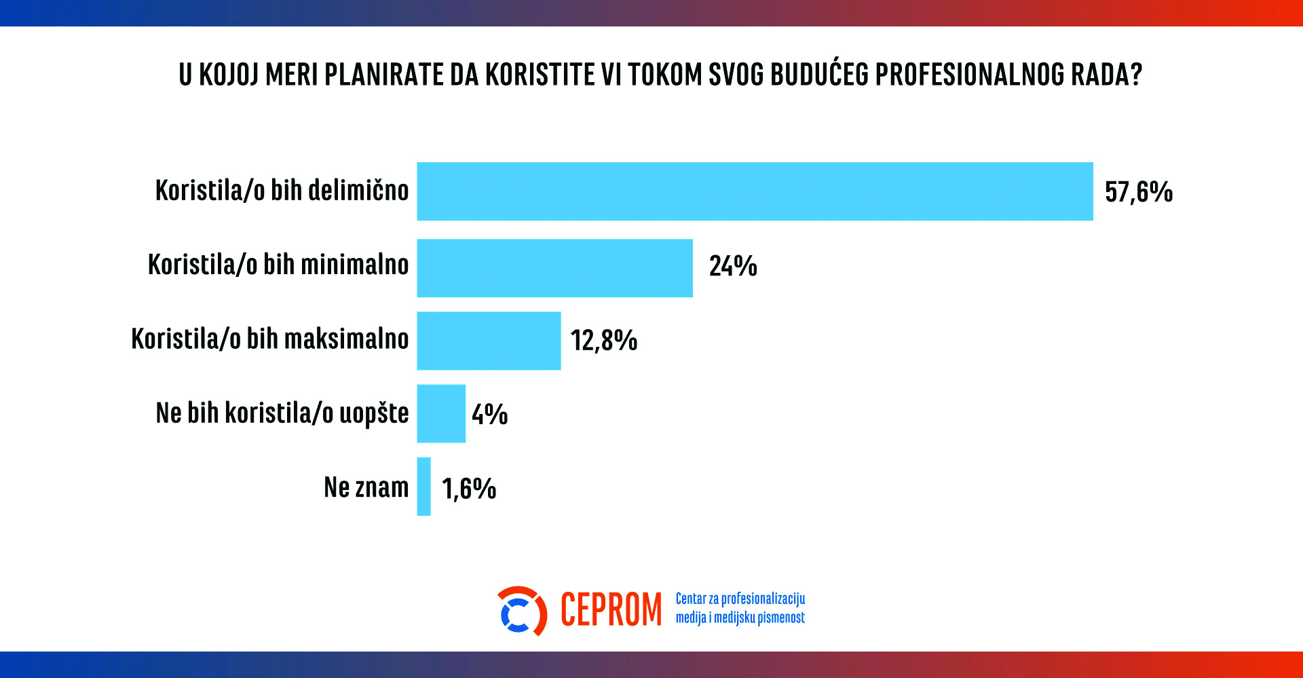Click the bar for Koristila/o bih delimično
click(755, 191)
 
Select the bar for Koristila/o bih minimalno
click(554, 268)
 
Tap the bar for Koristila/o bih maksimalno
click(489, 341)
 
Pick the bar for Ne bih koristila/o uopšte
click(441, 413)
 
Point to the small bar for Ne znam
click(424, 487)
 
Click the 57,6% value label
click(1138, 192)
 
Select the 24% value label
click(733, 266)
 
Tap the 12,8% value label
click(603, 341)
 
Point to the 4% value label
click(489, 414)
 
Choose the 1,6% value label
click(469, 489)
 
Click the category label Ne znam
click(366, 487)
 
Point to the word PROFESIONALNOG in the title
click(970, 75)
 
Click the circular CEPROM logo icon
click(521, 611)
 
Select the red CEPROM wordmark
click(611, 610)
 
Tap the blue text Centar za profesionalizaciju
click(740, 599)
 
